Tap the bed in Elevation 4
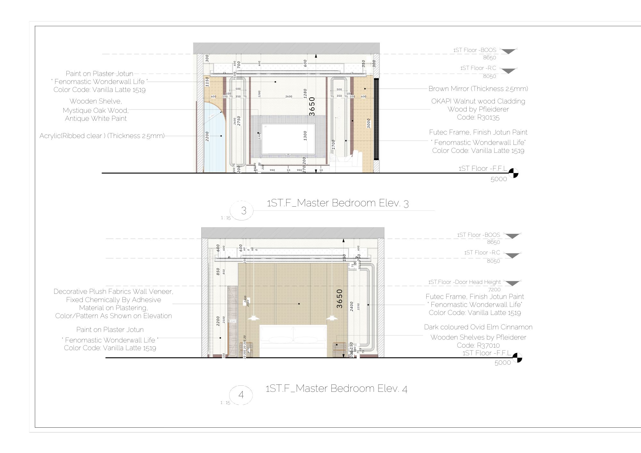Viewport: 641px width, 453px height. coord(293,341)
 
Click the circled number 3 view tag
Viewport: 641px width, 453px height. coord(244,210)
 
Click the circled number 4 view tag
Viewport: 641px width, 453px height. coord(241,395)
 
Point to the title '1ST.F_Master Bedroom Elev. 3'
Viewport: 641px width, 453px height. coord(337,203)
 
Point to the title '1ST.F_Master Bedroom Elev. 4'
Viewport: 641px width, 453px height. coord(336,388)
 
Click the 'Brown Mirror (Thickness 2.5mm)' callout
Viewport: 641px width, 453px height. coord(478,89)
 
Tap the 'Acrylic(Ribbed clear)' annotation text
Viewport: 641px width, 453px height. coord(102,136)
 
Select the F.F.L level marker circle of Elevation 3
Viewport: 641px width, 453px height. coord(513,173)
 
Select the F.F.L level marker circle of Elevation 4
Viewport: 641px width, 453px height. coord(517,358)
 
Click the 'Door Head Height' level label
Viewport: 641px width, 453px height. coord(464,282)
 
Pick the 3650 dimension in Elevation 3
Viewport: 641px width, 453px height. coord(312,106)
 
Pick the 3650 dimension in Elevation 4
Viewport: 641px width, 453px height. coord(340,299)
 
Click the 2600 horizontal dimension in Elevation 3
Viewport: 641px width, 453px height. coord(288,96)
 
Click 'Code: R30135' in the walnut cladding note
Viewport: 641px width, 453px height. coord(478,117)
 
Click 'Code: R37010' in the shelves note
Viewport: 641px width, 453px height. coord(478,345)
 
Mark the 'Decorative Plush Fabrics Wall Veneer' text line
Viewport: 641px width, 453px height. coord(113,292)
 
